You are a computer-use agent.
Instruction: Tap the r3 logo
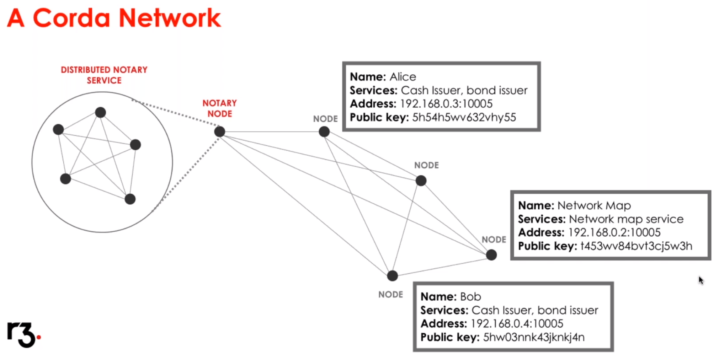[x=23, y=334]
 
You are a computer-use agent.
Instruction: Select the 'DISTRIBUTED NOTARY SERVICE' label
[x=104, y=75]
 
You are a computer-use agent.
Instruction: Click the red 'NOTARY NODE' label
[x=219, y=108]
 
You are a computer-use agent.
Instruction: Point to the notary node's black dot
[x=220, y=132]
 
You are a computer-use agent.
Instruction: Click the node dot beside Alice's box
[x=324, y=132]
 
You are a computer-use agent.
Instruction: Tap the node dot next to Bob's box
[x=392, y=276]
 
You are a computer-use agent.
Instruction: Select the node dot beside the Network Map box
[x=491, y=255]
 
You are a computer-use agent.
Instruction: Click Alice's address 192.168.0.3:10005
[x=446, y=104]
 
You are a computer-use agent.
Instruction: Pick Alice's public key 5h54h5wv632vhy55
[x=464, y=117]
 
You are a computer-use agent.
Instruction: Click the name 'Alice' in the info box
[x=403, y=77]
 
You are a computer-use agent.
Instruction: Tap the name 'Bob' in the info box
[x=470, y=297]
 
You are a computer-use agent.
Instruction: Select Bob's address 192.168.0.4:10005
[x=517, y=324]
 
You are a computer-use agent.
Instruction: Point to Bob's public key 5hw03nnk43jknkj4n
[x=533, y=337]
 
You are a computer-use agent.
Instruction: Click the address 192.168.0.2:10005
[x=614, y=232]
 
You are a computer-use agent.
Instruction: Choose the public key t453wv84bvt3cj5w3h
[x=636, y=246]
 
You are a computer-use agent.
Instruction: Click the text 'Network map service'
[x=626, y=219]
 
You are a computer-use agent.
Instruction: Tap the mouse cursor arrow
[x=701, y=280]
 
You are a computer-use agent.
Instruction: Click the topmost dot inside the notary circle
[x=101, y=112]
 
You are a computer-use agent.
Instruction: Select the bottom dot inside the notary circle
[x=130, y=199]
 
